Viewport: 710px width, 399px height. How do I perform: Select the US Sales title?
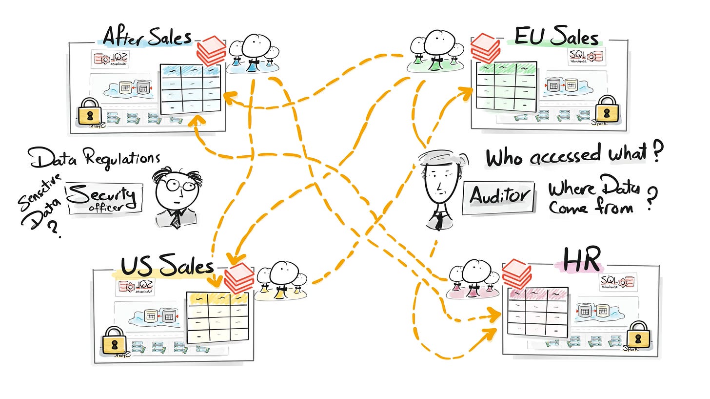coord(167,267)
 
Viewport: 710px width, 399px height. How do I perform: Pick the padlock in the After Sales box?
coord(89,111)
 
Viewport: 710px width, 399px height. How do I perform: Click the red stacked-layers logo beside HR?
coord(516,274)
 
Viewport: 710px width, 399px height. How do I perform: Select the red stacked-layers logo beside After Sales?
coord(211,51)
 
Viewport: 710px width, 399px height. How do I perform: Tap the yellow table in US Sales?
coord(217,317)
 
